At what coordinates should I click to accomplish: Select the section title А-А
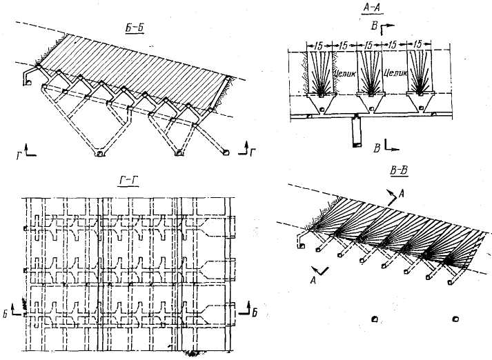pyautogui.click(x=371, y=8)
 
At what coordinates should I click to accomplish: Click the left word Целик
pyautogui.click(x=343, y=70)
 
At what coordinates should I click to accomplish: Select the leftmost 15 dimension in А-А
pyautogui.click(x=319, y=45)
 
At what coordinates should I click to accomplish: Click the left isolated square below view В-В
pyautogui.click(x=373, y=319)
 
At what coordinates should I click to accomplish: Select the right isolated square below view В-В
pyautogui.click(x=455, y=319)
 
